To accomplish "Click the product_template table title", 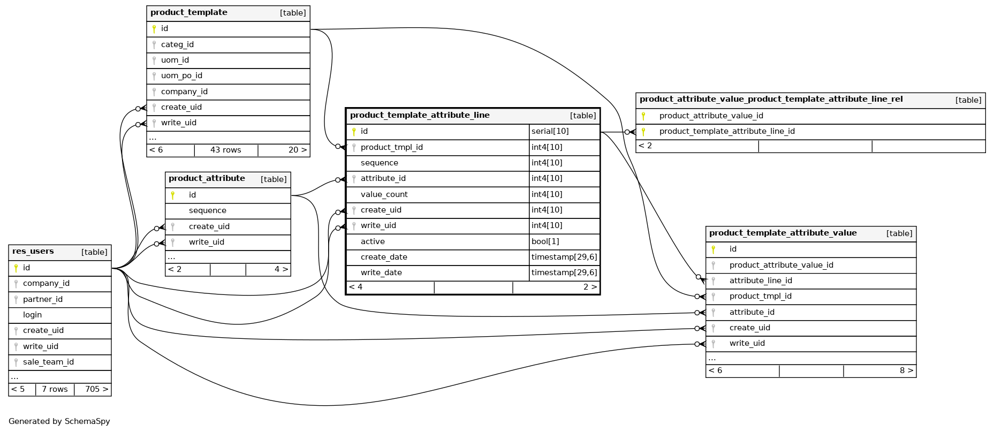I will pos(188,12).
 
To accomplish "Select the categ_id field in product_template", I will pos(177,44).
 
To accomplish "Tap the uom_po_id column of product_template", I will pos(181,75).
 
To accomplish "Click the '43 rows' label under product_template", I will pos(225,150).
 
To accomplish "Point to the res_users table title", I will pos(33,251).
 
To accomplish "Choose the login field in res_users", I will pos(32,315).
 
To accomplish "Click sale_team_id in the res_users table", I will pos(48,362).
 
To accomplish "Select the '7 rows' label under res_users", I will pos(55,389).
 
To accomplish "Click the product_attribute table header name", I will pos(207,178).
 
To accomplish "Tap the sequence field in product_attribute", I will pos(207,210).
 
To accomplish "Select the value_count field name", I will pos(384,194).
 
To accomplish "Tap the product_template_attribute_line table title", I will pos(420,115).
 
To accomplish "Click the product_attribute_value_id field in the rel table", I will pos(711,116).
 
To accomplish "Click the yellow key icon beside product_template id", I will pos(154,29).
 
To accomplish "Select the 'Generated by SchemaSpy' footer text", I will pos(59,421).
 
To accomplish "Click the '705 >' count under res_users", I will pos(96,389).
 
